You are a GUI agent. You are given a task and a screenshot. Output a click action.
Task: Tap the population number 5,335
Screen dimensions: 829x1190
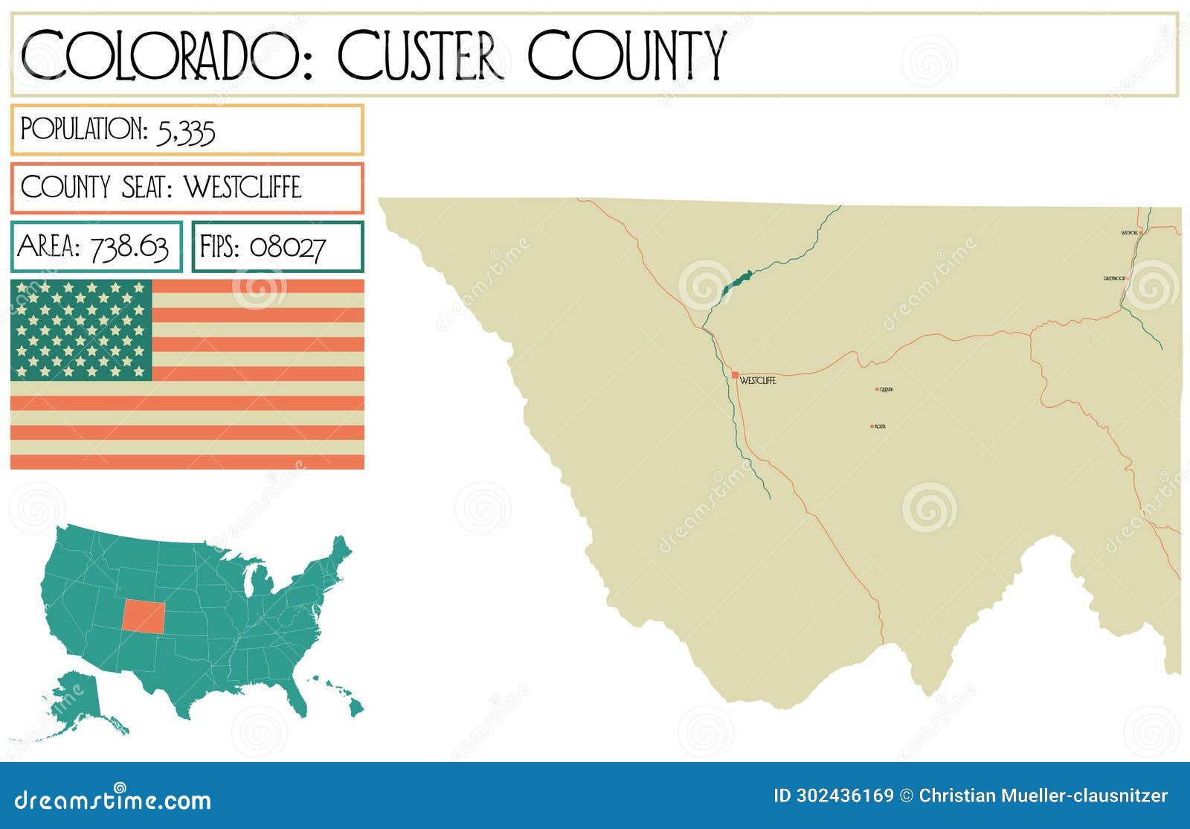tap(186, 131)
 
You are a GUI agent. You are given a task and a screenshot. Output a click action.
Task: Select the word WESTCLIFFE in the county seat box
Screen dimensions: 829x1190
tap(242, 188)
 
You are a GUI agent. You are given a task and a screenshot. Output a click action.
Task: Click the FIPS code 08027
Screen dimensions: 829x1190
tap(287, 247)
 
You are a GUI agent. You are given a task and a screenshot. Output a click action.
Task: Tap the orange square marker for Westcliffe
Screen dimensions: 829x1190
tap(735, 375)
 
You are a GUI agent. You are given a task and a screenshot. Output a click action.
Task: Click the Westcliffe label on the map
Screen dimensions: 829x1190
tap(758, 381)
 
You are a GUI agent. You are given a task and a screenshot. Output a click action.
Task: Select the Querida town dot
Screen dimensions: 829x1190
tap(877, 388)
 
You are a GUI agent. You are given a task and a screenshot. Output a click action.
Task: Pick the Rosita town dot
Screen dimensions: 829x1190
tap(872, 426)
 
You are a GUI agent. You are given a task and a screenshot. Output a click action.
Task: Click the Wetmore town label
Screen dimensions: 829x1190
tap(1129, 233)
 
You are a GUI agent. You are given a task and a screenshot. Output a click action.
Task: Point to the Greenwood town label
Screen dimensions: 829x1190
tap(1114, 278)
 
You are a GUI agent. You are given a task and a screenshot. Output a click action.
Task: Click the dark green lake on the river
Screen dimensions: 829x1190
tap(736, 282)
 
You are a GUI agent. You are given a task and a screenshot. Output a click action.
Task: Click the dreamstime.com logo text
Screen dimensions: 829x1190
tap(113, 801)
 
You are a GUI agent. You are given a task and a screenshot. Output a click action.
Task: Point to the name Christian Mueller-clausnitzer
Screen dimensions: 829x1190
tap(1043, 796)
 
